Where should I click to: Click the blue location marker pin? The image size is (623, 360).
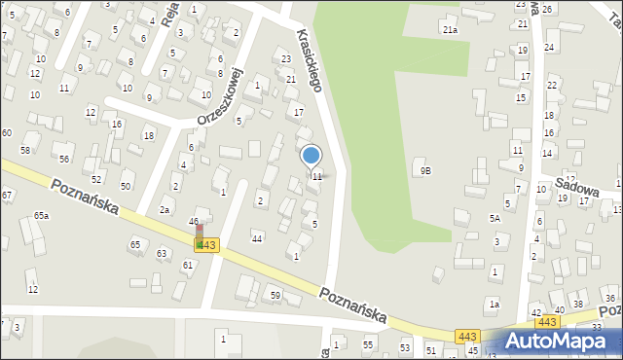pyautogui.click(x=311, y=155)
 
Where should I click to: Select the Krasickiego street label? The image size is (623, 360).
pyautogui.click(x=309, y=59)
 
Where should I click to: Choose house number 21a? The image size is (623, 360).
pyautogui.click(x=450, y=30)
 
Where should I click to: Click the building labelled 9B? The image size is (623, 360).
pyautogui.click(x=425, y=170)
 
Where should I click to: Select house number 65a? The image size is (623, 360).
pyautogui.click(x=41, y=215)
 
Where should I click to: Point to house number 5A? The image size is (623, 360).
pyautogui.click(x=495, y=219)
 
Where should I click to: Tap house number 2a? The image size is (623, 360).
pyautogui.click(x=165, y=209)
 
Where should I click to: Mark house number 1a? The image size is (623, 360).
pyautogui.click(x=494, y=305)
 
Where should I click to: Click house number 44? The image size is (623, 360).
pyautogui.click(x=257, y=238)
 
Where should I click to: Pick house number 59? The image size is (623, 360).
pyautogui.click(x=275, y=295)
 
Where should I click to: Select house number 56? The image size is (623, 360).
pyautogui.click(x=63, y=159)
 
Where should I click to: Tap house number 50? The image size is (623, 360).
pyautogui.click(x=126, y=185)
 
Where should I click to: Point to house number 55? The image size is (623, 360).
pyautogui.click(x=368, y=345)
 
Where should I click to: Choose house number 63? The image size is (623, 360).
pyautogui.click(x=162, y=253)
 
